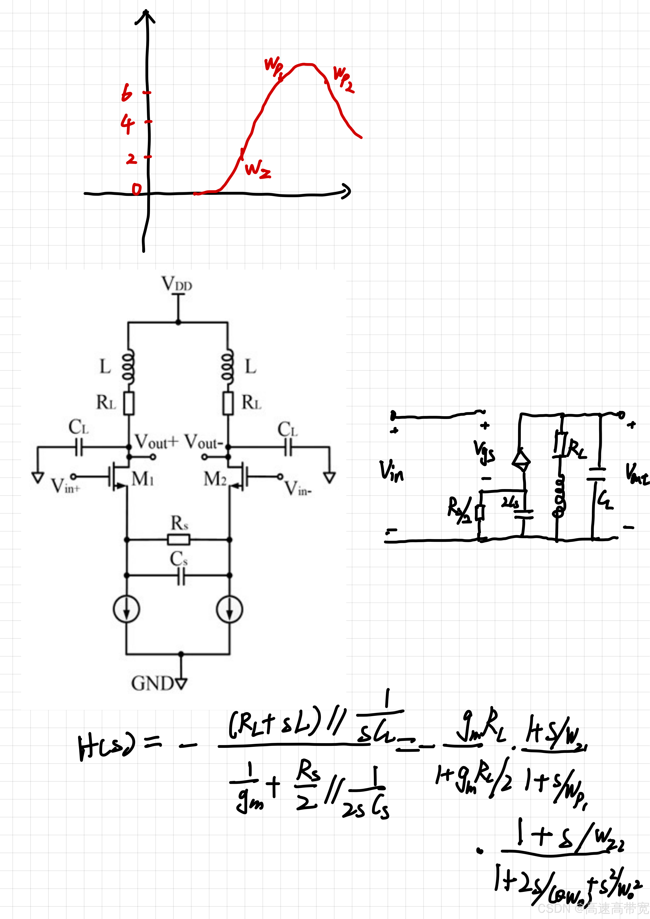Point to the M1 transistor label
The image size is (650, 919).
(x=142, y=479)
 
